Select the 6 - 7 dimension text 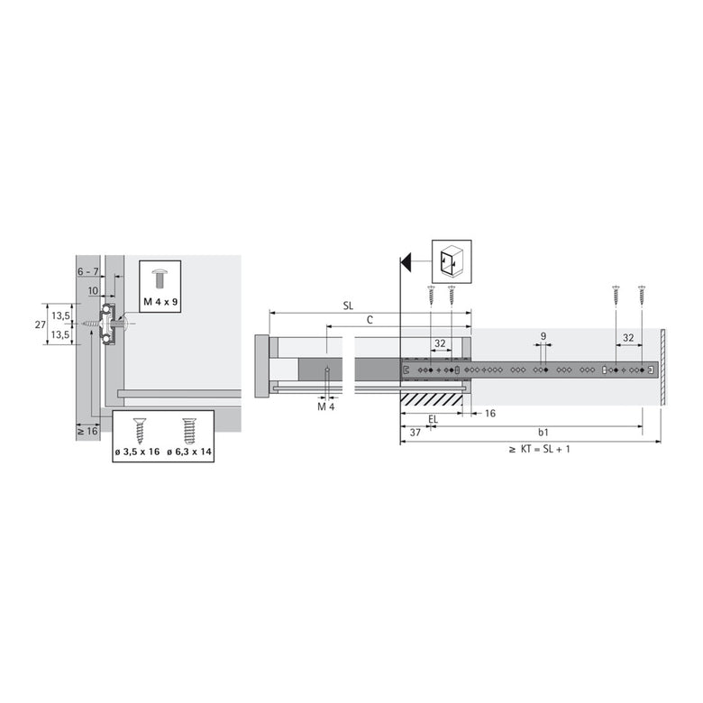(87, 271)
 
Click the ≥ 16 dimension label (87, 433)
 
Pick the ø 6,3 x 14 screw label (189, 451)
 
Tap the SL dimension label (348, 306)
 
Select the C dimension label (370, 320)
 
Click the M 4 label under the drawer (326, 407)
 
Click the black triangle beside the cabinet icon (406, 261)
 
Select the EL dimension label (434, 419)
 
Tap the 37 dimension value (415, 434)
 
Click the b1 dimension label (543, 434)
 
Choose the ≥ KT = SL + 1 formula (539, 449)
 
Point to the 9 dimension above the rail (543, 336)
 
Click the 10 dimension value (94, 290)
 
